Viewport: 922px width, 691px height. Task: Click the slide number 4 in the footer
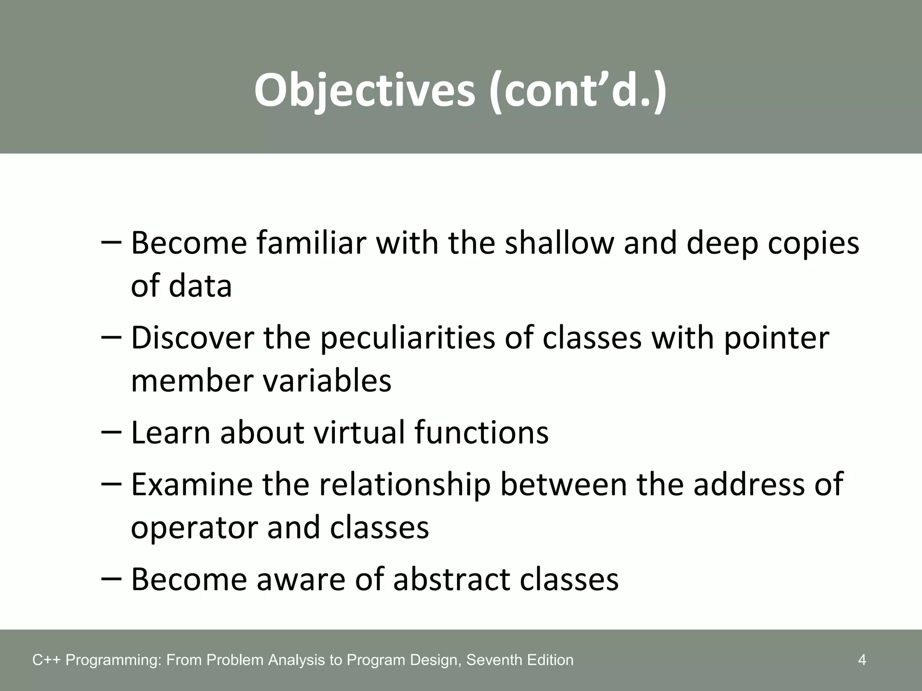862,660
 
